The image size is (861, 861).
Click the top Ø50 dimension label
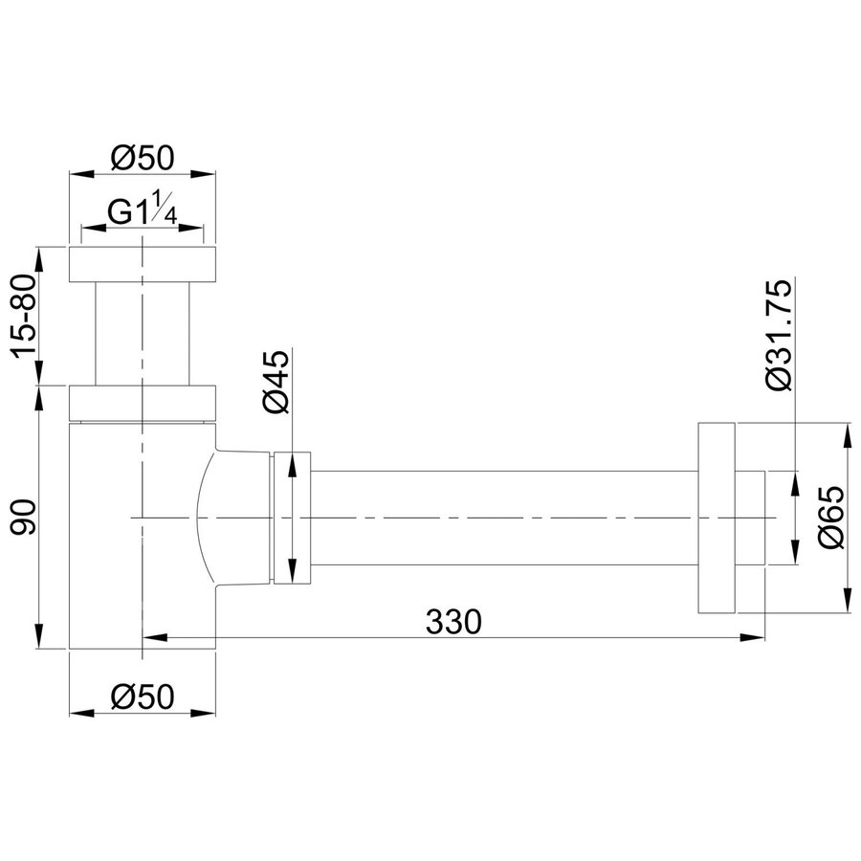[x=142, y=158]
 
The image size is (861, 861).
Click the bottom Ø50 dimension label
[x=142, y=696]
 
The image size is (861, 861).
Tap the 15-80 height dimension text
[x=25, y=316]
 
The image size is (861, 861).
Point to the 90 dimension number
[x=25, y=517]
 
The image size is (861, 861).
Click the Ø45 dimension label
[x=276, y=382]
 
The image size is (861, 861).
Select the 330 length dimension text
[x=453, y=622]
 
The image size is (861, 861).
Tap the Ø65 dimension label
[x=830, y=517]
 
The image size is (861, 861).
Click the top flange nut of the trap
[x=143, y=265]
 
